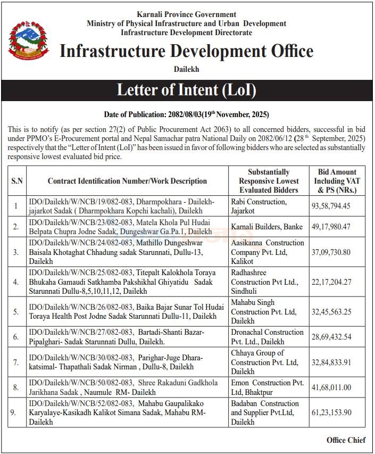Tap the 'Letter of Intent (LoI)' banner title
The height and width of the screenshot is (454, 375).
[x=187, y=90]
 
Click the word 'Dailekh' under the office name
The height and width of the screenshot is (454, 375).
[x=187, y=69]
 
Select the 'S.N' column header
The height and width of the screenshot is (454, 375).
[x=17, y=181]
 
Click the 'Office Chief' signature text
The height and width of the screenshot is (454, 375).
[x=346, y=440]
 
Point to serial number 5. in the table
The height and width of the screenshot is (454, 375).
[x=16, y=312]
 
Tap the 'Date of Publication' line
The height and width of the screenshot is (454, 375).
[x=187, y=114]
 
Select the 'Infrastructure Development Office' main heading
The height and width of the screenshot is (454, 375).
[x=187, y=51]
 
